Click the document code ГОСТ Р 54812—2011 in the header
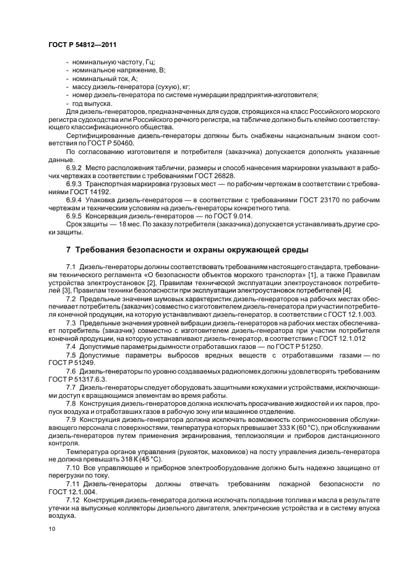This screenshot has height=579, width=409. (x=82, y=45)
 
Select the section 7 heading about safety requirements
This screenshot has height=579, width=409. (x=187, y=250)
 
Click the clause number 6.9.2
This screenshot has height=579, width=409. (x=76, y=167)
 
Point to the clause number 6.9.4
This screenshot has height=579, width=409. (x=76, y=199)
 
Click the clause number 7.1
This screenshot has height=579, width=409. (x=72, y=266)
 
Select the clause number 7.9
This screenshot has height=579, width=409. (x=72, y=419)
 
